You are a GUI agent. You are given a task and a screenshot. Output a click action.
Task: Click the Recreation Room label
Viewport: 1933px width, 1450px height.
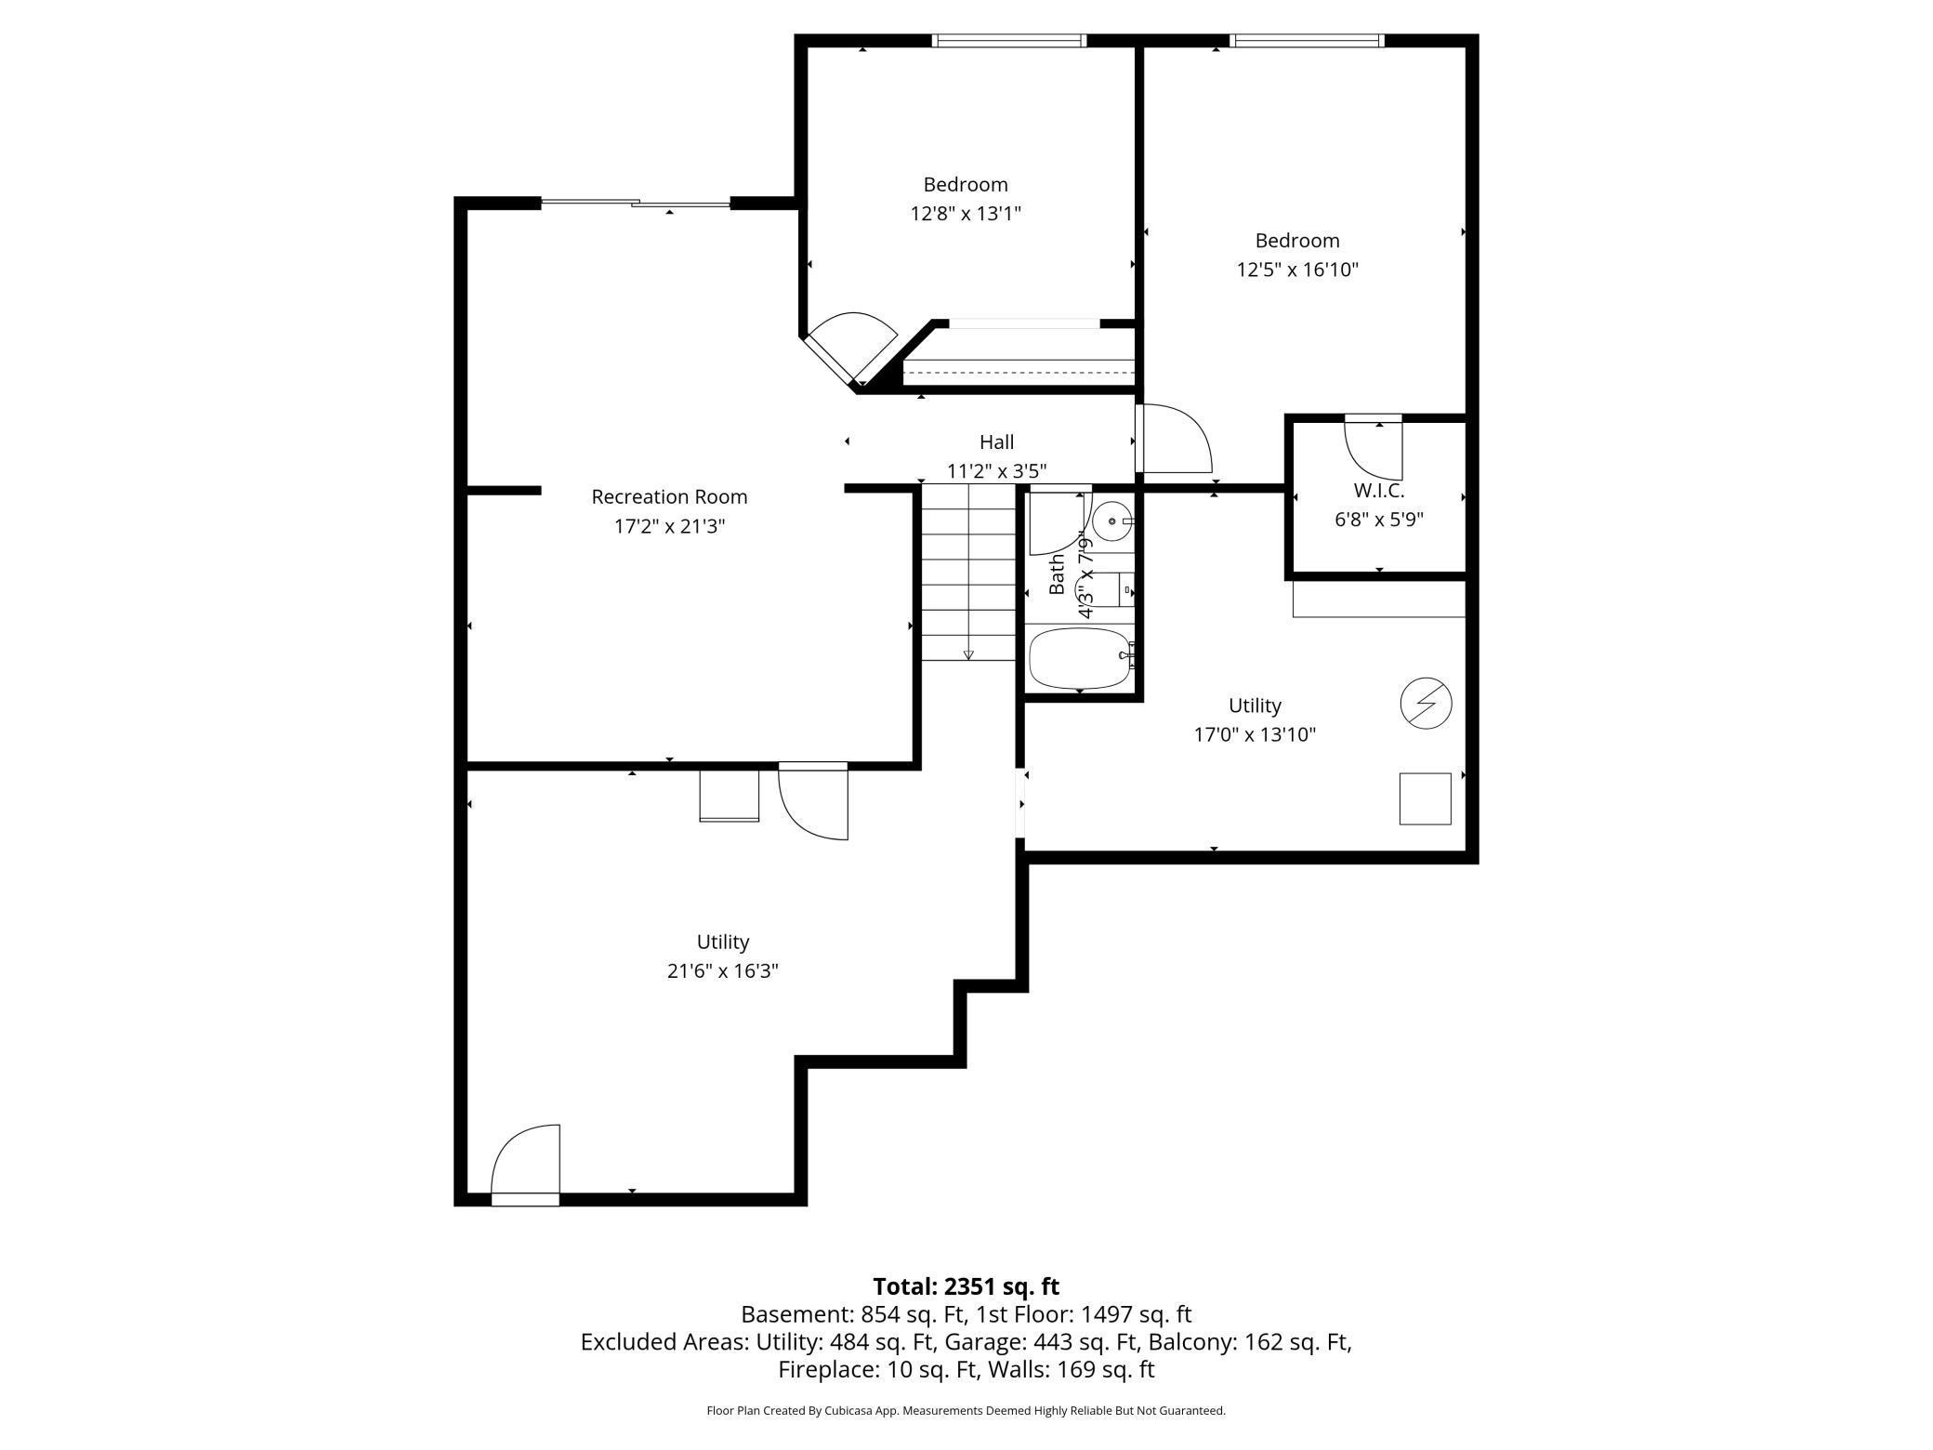tap(669, 497)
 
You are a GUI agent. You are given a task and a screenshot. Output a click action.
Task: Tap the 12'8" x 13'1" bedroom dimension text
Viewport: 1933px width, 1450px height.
tap(966, 214)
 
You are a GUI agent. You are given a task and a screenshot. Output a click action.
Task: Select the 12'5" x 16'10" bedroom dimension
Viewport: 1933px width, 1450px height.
tap(1297, 270)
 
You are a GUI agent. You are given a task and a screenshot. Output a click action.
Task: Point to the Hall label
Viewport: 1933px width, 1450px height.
tap(996, 442)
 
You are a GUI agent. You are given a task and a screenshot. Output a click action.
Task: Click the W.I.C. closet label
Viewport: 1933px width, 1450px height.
tap(1379, 491)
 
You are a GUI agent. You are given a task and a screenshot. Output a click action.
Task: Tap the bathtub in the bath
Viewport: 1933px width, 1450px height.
tap(1080, 659)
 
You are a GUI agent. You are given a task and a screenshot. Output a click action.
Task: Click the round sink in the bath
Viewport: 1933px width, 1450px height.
tap(1111, 521)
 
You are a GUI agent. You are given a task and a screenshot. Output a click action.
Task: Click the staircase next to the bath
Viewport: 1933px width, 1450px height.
tap(968, 573)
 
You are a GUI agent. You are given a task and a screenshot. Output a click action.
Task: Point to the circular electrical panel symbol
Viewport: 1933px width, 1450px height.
tap(1426, 704)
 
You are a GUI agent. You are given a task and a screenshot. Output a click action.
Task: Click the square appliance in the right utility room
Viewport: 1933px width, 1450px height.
tap(1426, 798)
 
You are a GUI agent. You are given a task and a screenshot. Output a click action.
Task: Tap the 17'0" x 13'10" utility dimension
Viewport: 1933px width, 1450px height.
tap(1255, 735)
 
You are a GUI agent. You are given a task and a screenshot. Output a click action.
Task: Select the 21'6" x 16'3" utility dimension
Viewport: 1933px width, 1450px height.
tap(722, 971)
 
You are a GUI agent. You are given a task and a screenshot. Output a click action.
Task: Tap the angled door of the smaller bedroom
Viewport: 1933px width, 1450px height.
tap(850, 349)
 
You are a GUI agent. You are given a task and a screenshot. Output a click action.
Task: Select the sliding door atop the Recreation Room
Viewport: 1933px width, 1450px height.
tap(636, 203)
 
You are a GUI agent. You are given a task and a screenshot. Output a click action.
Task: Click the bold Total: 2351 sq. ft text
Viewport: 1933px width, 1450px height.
tap(966, 1286)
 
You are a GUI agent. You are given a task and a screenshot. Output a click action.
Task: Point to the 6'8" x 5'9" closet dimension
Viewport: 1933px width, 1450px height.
tap(1379, 520)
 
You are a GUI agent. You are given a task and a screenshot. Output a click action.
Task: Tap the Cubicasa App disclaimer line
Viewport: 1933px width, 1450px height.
tap(966, 1411)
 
